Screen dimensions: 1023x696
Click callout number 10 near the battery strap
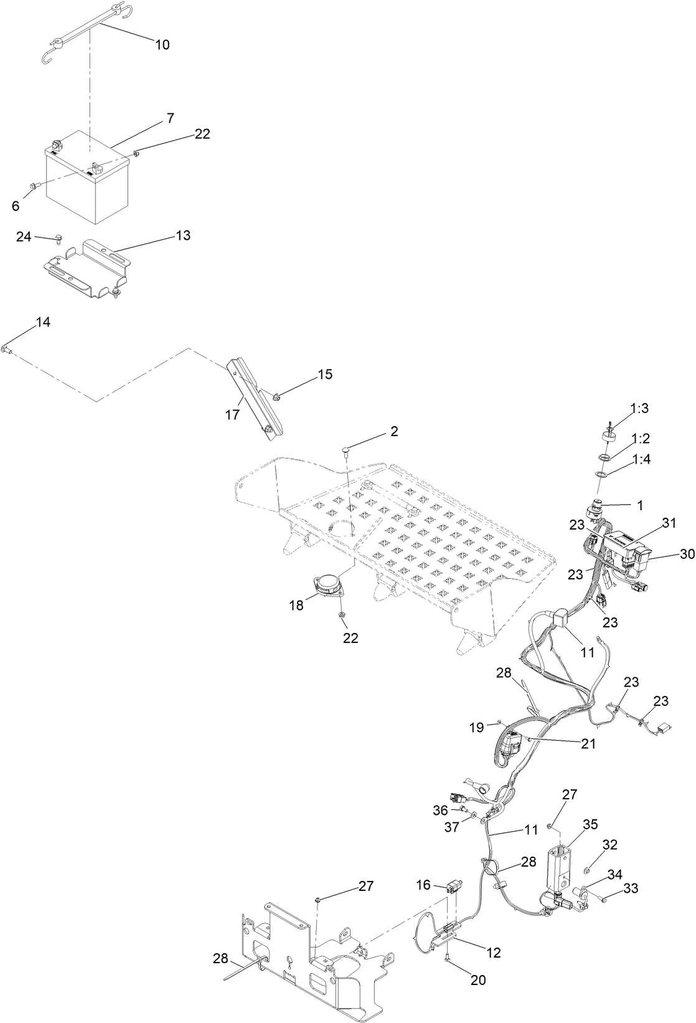pyautogui.click(x=162, y=45)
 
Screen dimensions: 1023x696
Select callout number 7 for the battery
pyautogui.click(x=170, y=117)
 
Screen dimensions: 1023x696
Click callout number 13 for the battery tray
pyautogui.click(x=183, y=236)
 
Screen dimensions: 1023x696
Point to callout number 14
pyautogui.click(x=43, y=322)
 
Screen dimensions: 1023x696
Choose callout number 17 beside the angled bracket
pyautogui.click(x=232, y=414)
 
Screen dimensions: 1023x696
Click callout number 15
pyautogui.click(x=325, y=374)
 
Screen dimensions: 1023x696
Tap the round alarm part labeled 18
pyautogui.click(x=328, y=586)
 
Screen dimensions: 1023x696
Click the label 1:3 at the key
pyautogui.click(x=639, y=408)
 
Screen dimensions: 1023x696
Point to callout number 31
pyautogui.click(x=669, y=523)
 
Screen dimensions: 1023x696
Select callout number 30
pyautogui.click(x=687, y=554)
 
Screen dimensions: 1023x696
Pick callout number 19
pyautogui.click(x=477, y=727)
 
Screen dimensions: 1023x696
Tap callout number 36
pyautogui.click(x=441, y=810)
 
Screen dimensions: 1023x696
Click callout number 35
pyautogui.click(x=590, y=824)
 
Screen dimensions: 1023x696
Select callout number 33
pyautogui.click(x=631, y=888)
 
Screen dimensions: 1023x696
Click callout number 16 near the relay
pyautogui.click(x=423, y=885)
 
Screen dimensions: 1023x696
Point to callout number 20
pyautogui.click(x=477, y=979)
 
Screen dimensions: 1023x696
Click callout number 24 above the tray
pyautogui.click(x=24, y=237)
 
